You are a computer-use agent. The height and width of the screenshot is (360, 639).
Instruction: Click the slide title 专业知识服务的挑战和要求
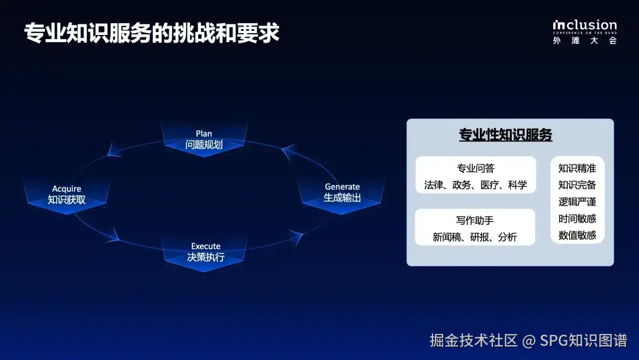tap(151, 33)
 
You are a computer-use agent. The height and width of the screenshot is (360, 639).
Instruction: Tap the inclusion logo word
tap(585, 25)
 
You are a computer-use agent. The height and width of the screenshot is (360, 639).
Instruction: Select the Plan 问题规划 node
tap(204, 139)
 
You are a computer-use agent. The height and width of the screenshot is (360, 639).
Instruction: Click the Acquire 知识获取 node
tap(66, 194)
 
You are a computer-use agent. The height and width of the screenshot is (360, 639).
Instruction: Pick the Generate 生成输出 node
tap(342, 192)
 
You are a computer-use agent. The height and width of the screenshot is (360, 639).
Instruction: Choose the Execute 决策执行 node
tap(205, 252)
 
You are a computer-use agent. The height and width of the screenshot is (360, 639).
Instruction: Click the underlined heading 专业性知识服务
tap(505, 135)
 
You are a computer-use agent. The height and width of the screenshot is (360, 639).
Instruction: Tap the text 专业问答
tap(476, 168)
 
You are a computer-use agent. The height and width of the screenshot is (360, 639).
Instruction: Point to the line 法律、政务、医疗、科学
tap(476, 185)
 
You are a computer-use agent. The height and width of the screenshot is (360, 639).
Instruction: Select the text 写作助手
tap(475, 220)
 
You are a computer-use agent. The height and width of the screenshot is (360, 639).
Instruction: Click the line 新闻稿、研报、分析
tap(475, 237)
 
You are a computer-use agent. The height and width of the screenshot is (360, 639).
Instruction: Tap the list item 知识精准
tap(577, 168)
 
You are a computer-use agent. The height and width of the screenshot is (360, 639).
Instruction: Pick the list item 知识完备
tap(577, 185)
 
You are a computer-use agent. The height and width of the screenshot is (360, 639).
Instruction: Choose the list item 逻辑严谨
tap(577, 202)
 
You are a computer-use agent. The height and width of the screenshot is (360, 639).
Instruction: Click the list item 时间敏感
tap(577, 218)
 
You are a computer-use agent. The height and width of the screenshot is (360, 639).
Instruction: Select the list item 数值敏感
tap(577, 235)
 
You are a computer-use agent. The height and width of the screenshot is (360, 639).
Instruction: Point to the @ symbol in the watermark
tap(528, 340)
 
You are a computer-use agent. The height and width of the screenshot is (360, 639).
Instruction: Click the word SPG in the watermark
tap(554, 340)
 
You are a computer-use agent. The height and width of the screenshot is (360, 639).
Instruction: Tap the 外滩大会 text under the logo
tap(585, 40)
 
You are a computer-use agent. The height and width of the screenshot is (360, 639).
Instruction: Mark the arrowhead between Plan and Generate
tap(288, 152)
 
